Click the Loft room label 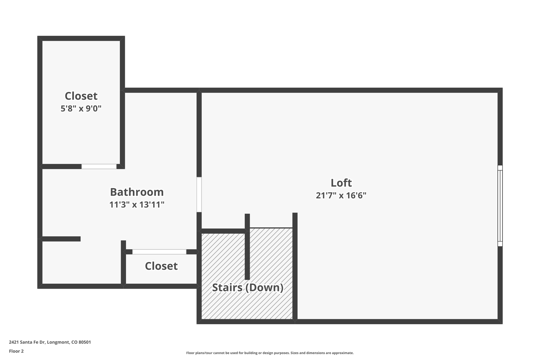pyautogui.click(x=341, y=183)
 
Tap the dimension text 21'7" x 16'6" pyautogui.click(x=341, y=195)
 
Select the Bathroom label pyautogui.click(x=137, y=192)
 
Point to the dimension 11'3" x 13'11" pyautogui.click(x=137, y=205)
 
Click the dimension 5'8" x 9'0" pyautogui.click(x=81, y=108)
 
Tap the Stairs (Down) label pyautogui.click(x=248, y=287)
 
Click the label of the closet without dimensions pyautogui.click(x=161, y=266)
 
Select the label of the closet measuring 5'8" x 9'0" pyautogui.click(x=81, y=96)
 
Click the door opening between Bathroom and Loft pyautogui.click(x=199, y=195)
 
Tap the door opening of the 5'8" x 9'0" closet pyautogui.click(x=99, y=166)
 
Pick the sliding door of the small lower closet pyautogui.click(x=159, y=252)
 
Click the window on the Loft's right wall pyautogui.click(x=500, y=206)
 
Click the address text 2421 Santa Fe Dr pyautogui.click(x=27, y=342)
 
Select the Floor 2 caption pyautogui.click(x=16, y=351)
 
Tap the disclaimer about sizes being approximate pyautogui.click(x=269, y=353)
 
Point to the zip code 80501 pyautogui.click(x=85, y=342)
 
